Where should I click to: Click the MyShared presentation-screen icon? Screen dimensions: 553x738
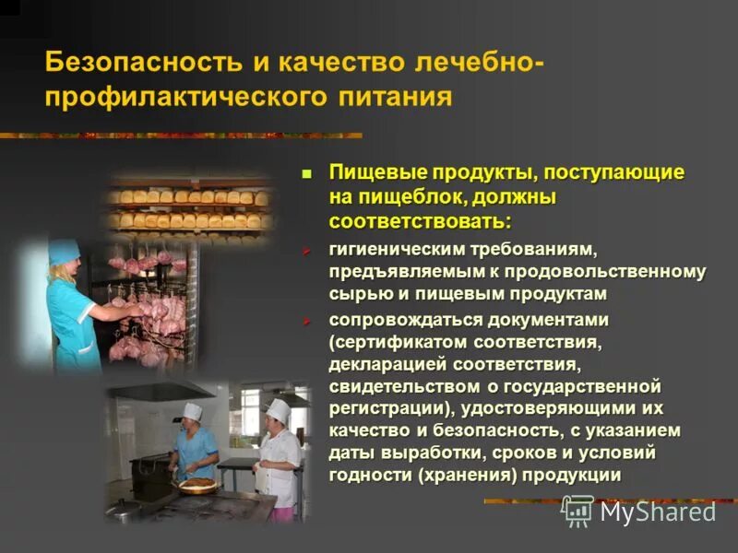tap(577, 511)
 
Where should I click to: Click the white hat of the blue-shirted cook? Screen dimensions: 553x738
tap(192, 412)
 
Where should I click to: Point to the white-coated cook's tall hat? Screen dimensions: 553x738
tap(277, 408)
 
